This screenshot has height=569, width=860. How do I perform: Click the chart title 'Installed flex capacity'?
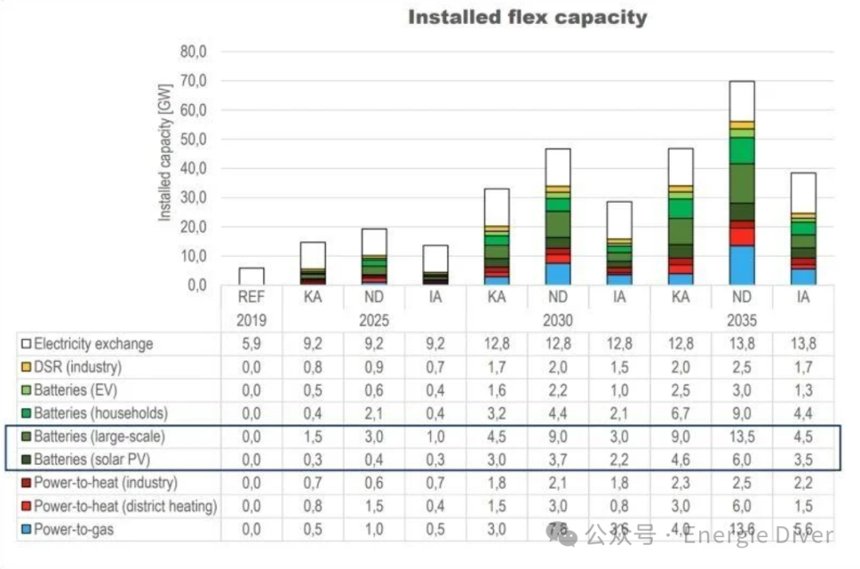527,18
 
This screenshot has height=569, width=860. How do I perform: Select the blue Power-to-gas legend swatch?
26,529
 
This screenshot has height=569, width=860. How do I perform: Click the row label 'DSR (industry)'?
77,368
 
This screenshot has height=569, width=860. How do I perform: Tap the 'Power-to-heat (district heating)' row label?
125,506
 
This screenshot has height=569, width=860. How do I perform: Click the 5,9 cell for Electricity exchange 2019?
251,345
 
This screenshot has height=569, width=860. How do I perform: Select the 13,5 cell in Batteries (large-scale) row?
741,437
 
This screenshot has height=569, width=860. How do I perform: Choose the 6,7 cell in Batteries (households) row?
680,414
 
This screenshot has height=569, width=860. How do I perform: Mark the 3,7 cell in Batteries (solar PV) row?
557,460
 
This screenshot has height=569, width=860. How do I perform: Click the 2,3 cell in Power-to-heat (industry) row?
680,483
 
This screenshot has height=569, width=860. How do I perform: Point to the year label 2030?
557,322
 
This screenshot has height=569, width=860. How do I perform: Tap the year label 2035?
741,322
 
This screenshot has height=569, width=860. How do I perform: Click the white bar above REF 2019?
251,276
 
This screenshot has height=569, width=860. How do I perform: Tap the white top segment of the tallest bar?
741,101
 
